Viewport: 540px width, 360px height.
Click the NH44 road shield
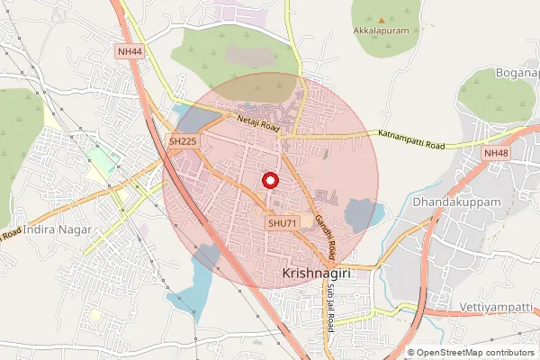coord(130,53)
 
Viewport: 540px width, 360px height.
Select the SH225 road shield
coord(183,141)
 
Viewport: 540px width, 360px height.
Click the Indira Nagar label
coord(53,231)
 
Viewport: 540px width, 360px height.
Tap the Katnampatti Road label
coord(411,139)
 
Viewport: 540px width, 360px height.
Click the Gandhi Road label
coord(324,231)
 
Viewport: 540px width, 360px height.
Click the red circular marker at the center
coord(269,181)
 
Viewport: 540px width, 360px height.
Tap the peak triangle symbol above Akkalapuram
coord(382,20)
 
